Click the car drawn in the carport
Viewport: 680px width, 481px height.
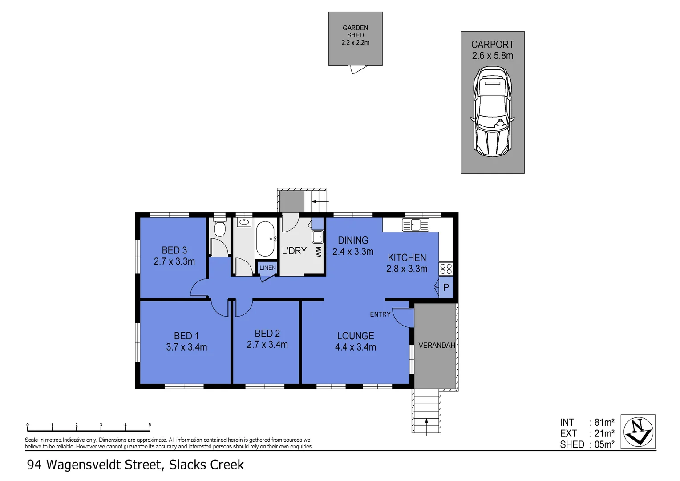click(492, 112)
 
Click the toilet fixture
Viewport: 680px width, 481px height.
click(219, 228)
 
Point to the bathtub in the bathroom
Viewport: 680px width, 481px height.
click(265, 239)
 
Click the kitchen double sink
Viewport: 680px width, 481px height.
click(415, 224)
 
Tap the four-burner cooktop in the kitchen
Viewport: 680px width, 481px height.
click(446, 269)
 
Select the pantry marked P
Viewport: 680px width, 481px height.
click(446, 288)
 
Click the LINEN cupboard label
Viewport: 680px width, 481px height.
click(267, 268)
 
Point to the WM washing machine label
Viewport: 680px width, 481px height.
click(319, 252)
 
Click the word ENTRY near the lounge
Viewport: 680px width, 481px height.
click(380, 314)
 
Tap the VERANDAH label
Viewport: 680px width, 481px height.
click(436, 345)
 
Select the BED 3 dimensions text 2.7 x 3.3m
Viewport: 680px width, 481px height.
click(174, 261)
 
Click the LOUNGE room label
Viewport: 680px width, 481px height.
click(355, 336)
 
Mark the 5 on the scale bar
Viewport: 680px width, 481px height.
click(150, 425)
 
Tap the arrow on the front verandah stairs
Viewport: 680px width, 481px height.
click(427, 423)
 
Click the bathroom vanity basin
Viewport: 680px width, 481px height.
click(243, 221)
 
